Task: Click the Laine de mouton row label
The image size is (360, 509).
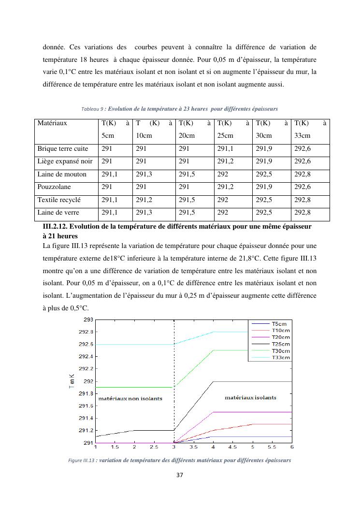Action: pos(62,175)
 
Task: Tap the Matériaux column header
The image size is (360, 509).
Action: pos(52,123)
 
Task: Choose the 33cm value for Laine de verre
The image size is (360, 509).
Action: pos(302,213)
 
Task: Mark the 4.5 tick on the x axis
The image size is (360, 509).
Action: pos(232,448)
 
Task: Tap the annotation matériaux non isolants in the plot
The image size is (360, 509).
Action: pos(130,399)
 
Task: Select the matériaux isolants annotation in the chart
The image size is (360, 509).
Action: pos(250,397)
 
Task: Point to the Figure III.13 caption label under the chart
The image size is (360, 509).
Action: pos(81,461)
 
